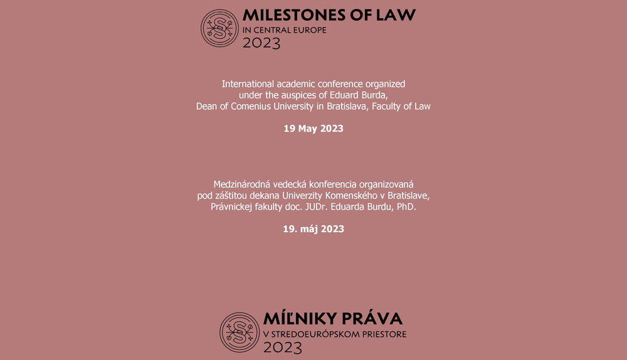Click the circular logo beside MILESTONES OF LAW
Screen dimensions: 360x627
219,28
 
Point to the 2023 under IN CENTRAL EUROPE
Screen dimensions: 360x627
261,43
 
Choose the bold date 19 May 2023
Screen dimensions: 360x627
313,129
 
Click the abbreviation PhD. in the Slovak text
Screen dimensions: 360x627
404,206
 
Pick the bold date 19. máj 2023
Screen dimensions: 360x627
313,229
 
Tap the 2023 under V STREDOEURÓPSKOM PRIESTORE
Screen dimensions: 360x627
282,347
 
